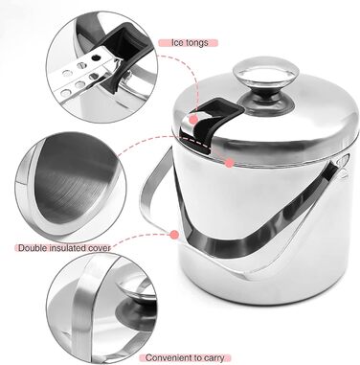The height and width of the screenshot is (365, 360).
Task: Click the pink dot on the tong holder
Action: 193,120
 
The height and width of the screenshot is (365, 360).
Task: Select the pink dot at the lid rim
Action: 229,163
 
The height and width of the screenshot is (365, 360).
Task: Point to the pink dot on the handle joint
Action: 174,235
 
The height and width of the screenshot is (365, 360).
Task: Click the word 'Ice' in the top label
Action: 178,42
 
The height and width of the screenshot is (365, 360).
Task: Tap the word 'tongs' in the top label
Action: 197,43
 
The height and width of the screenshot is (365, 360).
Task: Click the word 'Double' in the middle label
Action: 34,248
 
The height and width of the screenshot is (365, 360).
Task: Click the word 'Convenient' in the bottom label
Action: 170,358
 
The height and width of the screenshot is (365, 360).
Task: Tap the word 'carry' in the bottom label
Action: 214,358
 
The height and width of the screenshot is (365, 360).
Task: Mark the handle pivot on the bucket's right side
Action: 343,163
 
